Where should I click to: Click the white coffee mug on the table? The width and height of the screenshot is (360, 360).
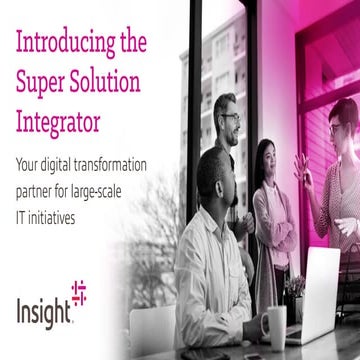point(274,327)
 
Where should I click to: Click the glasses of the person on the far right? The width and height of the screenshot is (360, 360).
point(337,127)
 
